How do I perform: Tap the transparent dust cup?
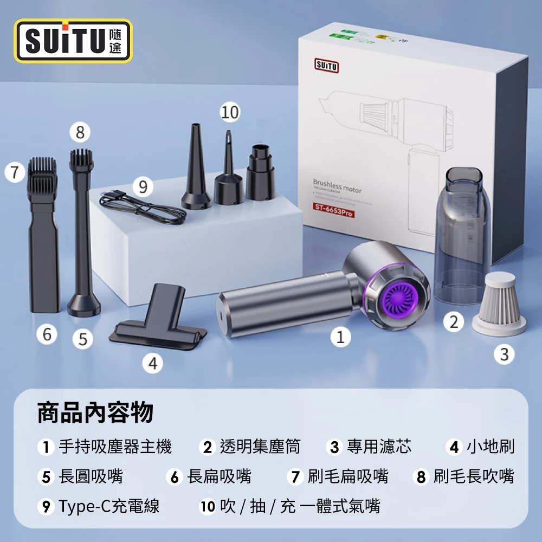coord(462,238)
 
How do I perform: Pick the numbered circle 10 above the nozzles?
coord(230,112)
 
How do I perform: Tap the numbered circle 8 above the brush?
coord(80,131)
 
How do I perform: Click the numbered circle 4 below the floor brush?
coord(153,363)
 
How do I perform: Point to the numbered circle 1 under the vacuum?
coord(340,337)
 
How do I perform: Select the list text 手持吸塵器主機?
coord(115,447)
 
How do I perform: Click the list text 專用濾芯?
coord(379,447)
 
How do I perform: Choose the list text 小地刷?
coord(490,447)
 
